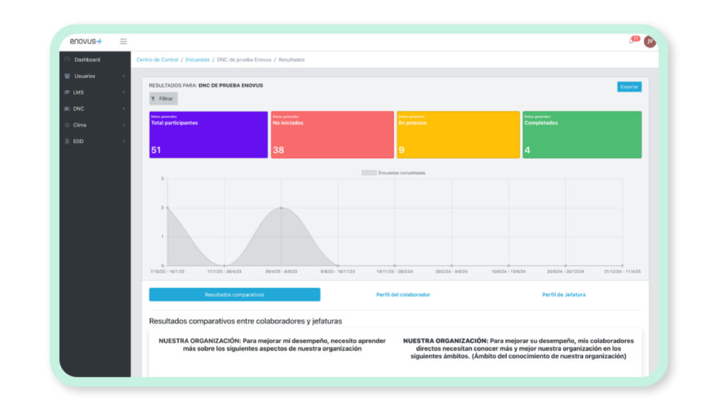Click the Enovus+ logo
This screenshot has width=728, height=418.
(85, 42)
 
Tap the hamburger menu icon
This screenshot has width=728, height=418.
(123, 42)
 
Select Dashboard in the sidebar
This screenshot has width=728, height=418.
(87, 59)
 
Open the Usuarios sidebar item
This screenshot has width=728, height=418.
(85, 76)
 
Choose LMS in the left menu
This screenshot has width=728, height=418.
(79, 92)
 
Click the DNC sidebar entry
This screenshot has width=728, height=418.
(79, 108)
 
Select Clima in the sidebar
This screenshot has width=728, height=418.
(80, 125)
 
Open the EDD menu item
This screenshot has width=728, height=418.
(79, 141)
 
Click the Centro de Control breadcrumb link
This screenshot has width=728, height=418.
(157, 59)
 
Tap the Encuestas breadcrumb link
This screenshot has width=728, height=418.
(198, 59)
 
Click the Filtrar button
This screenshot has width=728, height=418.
(163, 98)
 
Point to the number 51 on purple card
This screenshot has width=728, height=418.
(156, 150)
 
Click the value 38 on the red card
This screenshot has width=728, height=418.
(279, 150)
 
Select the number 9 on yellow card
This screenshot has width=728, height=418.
(402, 150)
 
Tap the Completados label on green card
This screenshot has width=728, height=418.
(541, 123)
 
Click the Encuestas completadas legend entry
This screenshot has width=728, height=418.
(394, 172)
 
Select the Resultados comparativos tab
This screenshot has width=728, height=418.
(234, 295)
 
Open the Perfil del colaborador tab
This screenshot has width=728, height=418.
(403, 295)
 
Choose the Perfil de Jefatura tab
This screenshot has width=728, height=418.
(563, 295)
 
